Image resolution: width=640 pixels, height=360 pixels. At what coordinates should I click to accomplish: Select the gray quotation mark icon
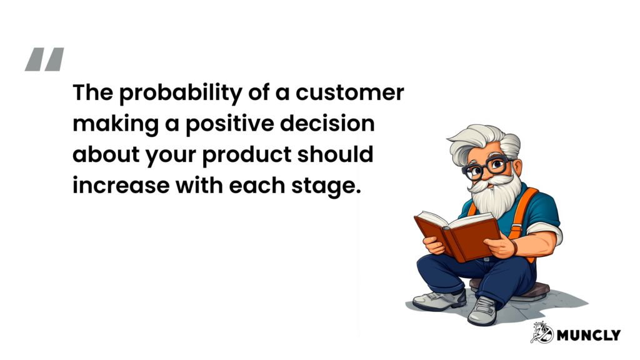point(44,59)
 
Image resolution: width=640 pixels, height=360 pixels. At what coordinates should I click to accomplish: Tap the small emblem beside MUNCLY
point(541,332)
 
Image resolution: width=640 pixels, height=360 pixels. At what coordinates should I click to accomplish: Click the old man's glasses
point(488,166)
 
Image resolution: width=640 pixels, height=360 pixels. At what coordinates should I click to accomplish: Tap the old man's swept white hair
point(478,141)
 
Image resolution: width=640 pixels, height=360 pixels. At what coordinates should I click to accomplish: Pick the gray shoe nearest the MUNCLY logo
point(482,311)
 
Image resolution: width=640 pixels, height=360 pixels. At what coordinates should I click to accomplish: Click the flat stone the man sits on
point(537,289)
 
